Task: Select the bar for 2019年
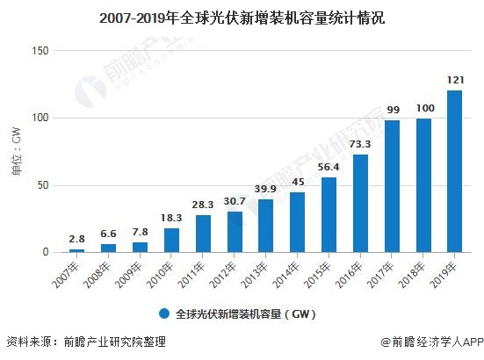tap(454, 171)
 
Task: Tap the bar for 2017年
tap(391, 186)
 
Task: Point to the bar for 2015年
tap(329, 214)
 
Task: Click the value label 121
tap(454, 81)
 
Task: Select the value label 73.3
tap(360, 145)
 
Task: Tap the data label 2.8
tap(76, 239)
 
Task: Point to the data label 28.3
tap(202, 205)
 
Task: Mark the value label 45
tap(297, 183)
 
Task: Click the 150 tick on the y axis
tap(38, 51)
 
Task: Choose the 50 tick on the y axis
tap(40, 185)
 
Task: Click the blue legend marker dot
tap(163, 313)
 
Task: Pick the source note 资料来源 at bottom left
tap(84, 342)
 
